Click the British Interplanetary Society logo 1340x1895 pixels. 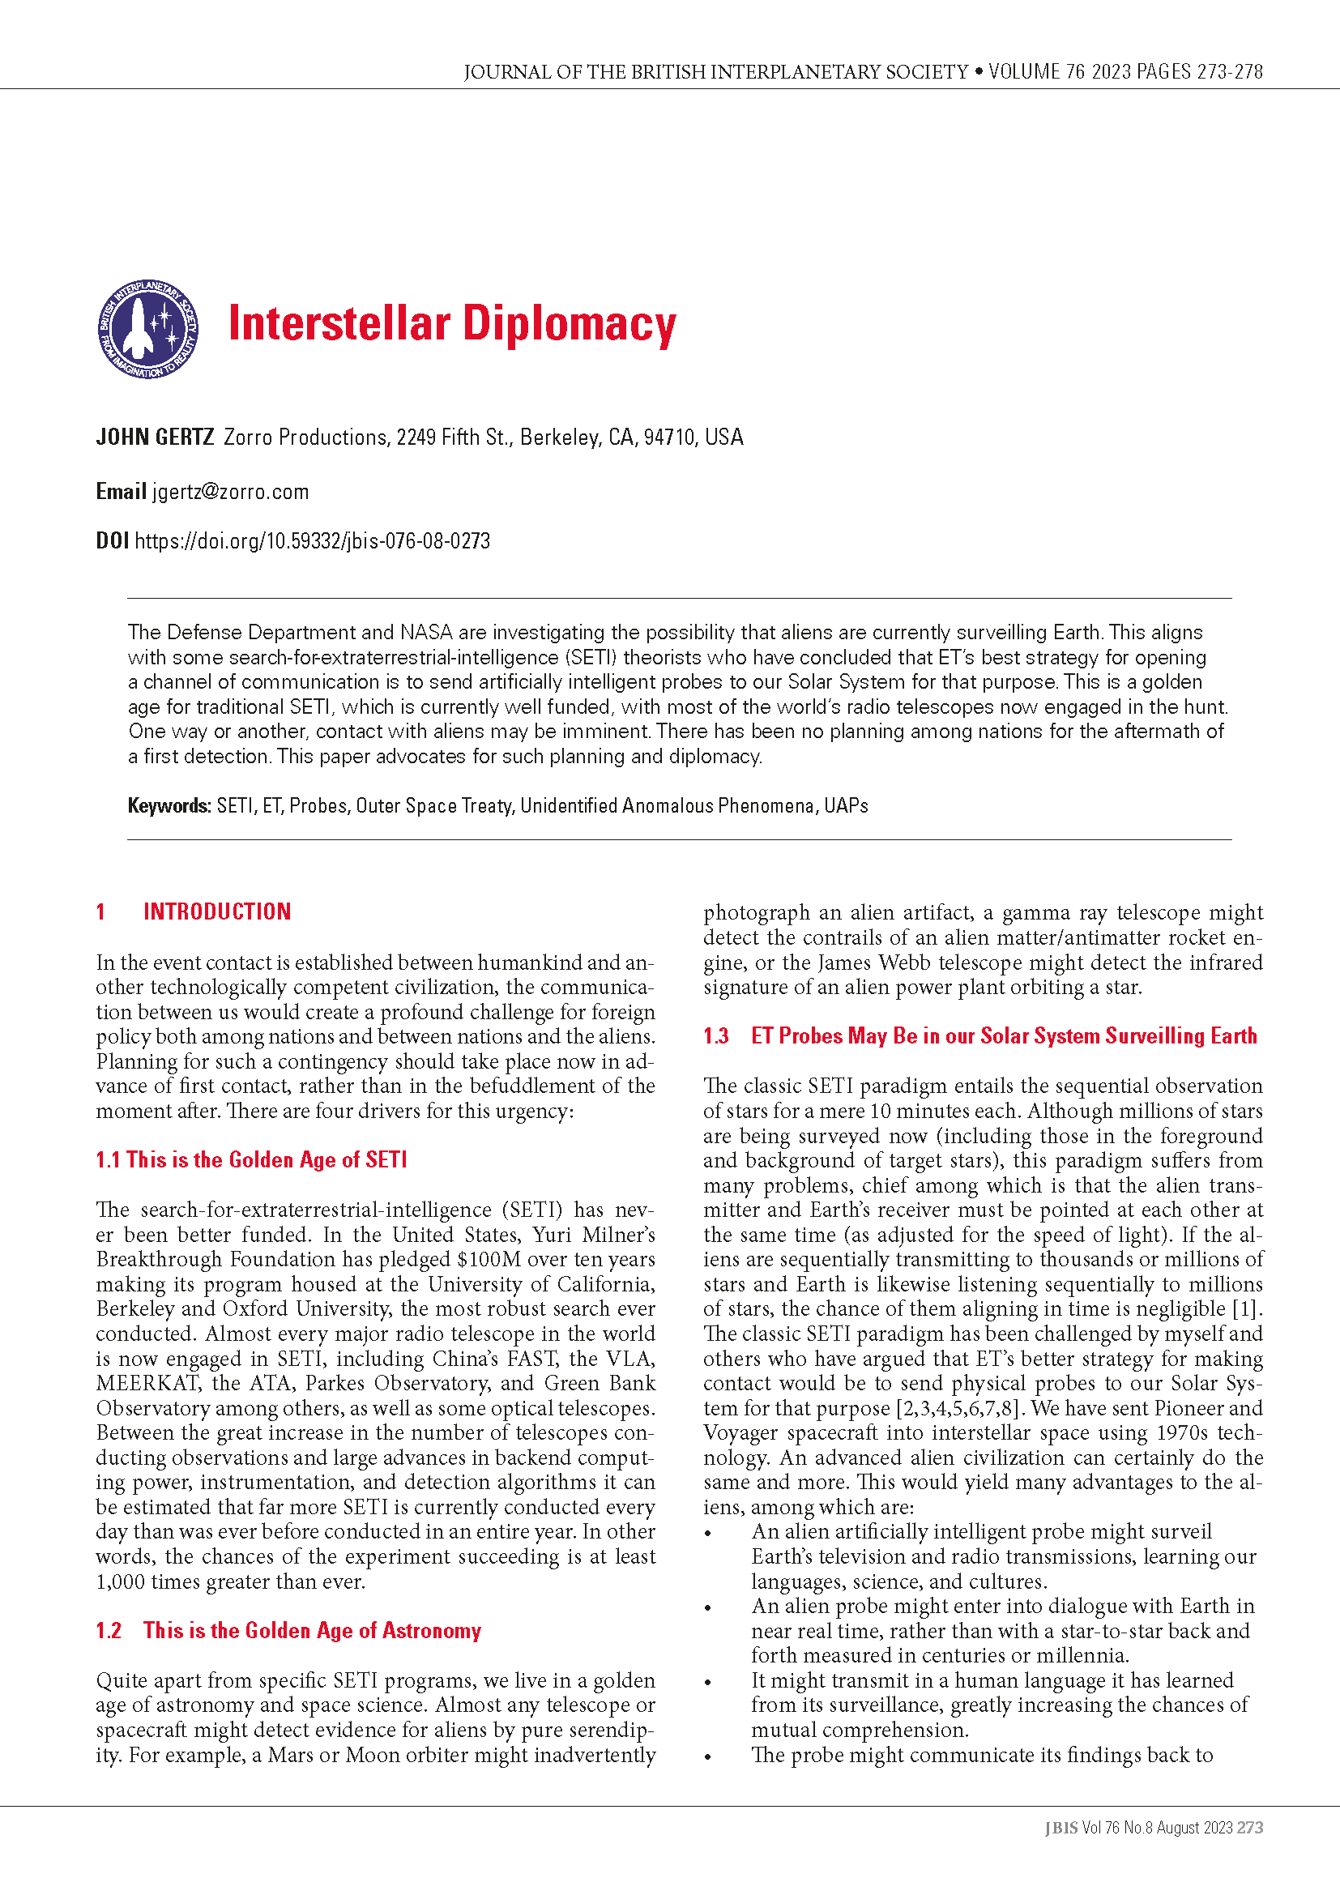[x=147, y=328]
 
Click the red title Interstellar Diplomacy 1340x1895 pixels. [x=451, y=323]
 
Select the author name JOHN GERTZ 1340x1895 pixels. [x=155, y=437]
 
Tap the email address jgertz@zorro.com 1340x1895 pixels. [x=230, y=492]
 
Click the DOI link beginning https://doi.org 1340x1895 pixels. [x=312, y=541]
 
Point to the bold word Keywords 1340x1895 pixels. [x=169, y=805]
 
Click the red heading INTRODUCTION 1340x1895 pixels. [x=217, y=911]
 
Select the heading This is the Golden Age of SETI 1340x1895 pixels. [x=267, y=1159]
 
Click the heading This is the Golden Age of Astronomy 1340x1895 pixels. [x=312, y=1630]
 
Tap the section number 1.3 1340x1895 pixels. [x=716, y=1036]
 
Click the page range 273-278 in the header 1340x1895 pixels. [x=1229, y=72]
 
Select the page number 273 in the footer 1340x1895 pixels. [x=1250, y=1827]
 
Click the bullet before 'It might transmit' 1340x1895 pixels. [x=708, y=1682]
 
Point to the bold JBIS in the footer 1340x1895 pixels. [x=1061, y=1827]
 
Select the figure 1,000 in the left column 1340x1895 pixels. [x=122, y=1581]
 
